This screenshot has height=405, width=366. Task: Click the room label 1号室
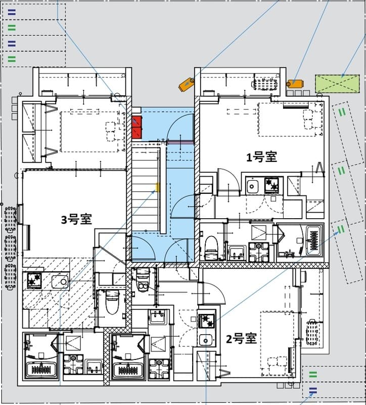coord(261,157)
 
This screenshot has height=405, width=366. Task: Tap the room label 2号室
coord(241,339)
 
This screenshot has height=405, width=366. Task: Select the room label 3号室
coord(76,220)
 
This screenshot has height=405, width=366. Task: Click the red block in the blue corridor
coord(136,127)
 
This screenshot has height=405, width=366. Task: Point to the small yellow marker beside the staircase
coord(157,188)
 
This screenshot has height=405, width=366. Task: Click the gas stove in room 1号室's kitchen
coord(272,186)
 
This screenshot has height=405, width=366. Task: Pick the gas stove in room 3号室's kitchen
coord(34,280)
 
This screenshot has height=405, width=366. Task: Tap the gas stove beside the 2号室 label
coord(207,321)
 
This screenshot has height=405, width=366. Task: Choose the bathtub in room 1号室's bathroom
coord(313,242)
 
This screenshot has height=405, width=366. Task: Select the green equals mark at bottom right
coord(313,375)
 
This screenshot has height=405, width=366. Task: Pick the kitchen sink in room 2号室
coord(205,339)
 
